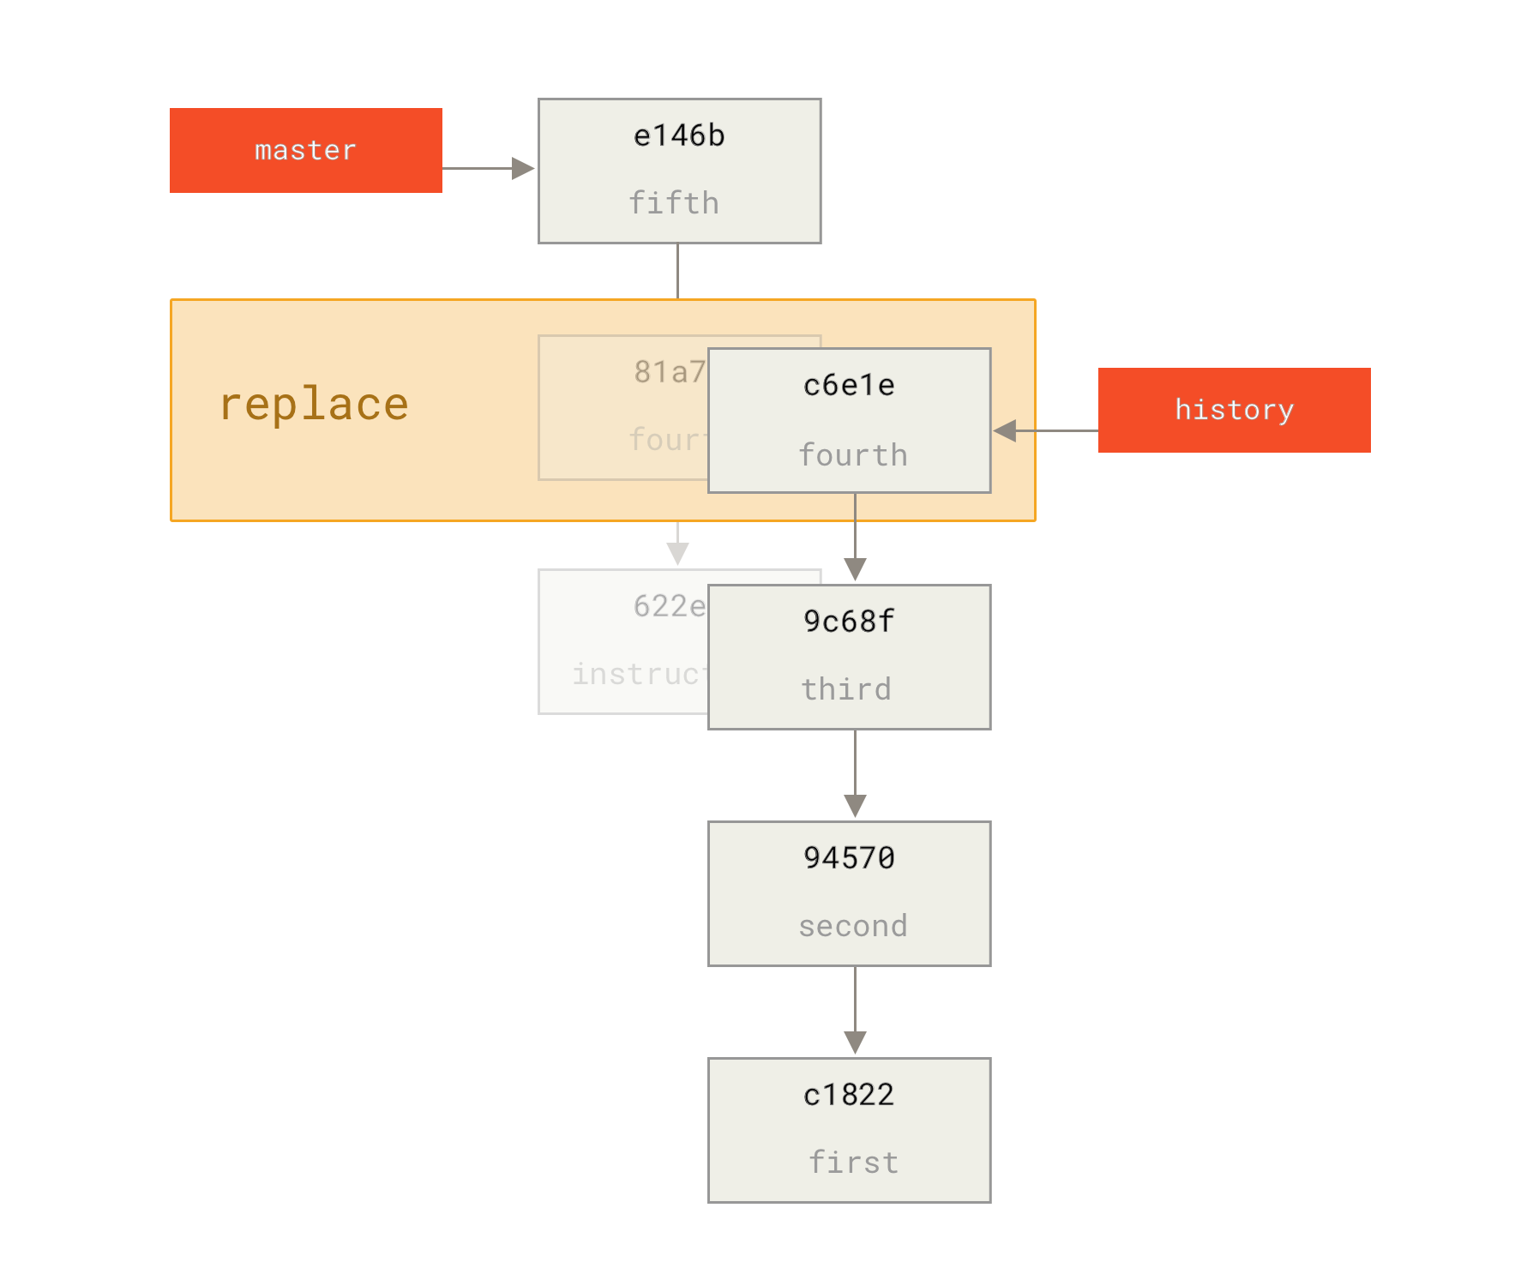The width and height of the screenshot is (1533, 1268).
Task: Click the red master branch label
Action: [x=305, y=150]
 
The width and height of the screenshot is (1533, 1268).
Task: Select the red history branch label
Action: [x=1234, y=410]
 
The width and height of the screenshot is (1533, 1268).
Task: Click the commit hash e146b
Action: [x=679, y=135]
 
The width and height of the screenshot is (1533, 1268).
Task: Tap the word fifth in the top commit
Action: [x=674, y=203]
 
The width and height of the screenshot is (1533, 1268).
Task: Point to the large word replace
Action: [x=314, y=405]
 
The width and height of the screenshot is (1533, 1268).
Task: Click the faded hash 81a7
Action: [x=670, y=371]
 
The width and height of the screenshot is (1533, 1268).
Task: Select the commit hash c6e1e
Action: [x=849, y=385]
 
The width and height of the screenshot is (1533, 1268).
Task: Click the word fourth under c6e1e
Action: [x=852, y=454]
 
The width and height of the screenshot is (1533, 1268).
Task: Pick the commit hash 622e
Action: [x=670, y=606]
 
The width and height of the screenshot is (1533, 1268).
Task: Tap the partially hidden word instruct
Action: [x=639, y=674]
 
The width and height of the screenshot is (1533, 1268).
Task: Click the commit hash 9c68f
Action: [x=849, y=622]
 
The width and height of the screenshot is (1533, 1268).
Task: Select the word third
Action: [x=846, y=689]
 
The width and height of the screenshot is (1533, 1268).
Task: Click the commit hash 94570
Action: [x=849, y=858]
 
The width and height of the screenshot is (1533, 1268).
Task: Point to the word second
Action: [x=852, y=926]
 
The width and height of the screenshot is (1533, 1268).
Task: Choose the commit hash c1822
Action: [x=849, y=1095]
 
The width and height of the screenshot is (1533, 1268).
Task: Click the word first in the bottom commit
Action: [x=854, y=1163]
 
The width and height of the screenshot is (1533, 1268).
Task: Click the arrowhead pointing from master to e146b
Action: [x=522, y=168]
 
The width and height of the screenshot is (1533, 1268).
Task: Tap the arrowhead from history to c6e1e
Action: [x=1006, y=430]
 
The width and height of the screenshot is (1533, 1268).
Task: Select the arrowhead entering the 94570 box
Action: [x=855, y=806]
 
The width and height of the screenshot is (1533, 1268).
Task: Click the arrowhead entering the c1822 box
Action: [x=855, y=1043]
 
